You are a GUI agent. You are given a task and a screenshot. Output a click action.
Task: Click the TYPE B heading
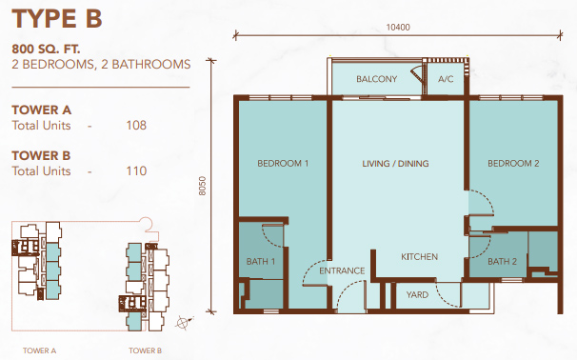pyautogui.click(x=57, y=19)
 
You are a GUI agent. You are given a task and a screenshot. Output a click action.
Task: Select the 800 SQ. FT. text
pyautogui.click(x=46, y=49)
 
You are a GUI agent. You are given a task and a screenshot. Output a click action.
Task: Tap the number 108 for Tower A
pyautogui.click(x=136, y=125)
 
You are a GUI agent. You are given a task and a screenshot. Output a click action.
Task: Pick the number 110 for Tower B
pyautogui.click(x=136, y=170)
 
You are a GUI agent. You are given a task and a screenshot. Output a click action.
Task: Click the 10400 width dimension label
pyautogui.click(x=398, y=28)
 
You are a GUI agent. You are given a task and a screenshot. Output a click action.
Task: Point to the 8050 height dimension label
pyautogui.click(x=203, y=186)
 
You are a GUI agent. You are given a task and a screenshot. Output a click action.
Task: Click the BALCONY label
pyautogui.click(x=376, y=79)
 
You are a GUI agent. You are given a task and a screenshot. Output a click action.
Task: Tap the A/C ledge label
pyautogui.click(x=446, y=79)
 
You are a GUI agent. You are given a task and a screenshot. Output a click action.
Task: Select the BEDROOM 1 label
pyautogui.click(x=283, y=164)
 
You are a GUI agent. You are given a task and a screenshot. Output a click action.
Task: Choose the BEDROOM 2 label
pyautogui.click(x=513, y=164)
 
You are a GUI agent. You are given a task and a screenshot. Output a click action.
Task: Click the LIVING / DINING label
pyautogui.click(x=395, y=164)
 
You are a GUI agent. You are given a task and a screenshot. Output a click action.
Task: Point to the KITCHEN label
pyautogui.click(x=419, y=256)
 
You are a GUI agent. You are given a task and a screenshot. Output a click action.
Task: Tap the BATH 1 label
pyautogui.click(x=261, y=262)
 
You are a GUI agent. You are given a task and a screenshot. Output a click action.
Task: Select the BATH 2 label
pyautogui.click(x=502, y=262)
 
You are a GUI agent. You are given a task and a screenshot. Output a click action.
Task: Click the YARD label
pyautogui.click(x=417, y=295)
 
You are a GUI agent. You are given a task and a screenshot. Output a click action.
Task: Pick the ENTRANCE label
pyautogui.click(x=342, y=270)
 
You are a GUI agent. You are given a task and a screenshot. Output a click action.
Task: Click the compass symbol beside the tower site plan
pyautogui.click(x=184, y=323)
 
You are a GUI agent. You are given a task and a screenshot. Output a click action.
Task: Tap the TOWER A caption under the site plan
pyautogui.click(x=39, y=350)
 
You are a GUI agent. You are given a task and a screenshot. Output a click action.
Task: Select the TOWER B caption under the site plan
pyautogui.click(x=145, y=350)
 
